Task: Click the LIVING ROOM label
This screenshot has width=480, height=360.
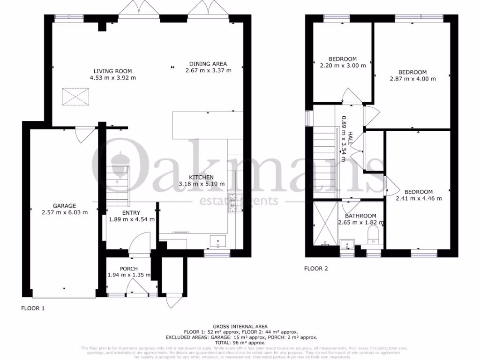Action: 112,71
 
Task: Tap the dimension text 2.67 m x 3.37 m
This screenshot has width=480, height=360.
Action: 208,71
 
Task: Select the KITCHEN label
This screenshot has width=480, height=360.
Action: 202,177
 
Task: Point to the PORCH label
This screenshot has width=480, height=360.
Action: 128,269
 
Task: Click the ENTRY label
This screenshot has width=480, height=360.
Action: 131,212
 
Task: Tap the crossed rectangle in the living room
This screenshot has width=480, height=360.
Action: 75,97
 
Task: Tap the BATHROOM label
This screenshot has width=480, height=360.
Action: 360,216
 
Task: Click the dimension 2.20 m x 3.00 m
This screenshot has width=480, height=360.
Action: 342,66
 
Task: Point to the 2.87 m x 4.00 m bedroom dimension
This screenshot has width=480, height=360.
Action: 412,79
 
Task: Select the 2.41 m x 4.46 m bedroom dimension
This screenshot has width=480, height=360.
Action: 418,198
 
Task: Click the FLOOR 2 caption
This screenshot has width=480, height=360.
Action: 316,269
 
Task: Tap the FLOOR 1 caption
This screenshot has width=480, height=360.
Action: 33,308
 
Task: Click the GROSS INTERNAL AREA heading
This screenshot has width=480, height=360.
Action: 240,326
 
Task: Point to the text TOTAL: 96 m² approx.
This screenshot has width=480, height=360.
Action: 240,343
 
